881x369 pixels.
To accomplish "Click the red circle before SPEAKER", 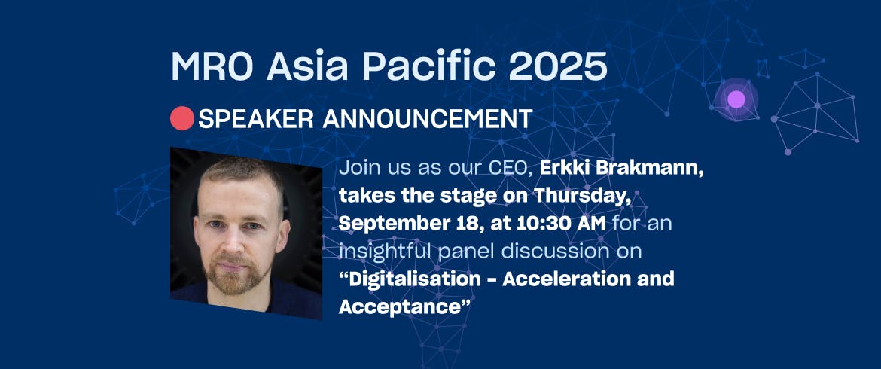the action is pyautogui.click(x=182, y=118).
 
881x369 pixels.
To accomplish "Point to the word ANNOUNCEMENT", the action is pyautogui.click(x=428, y=118).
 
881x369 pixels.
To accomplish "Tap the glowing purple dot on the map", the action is pyautogui.click(x=736, y=99).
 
